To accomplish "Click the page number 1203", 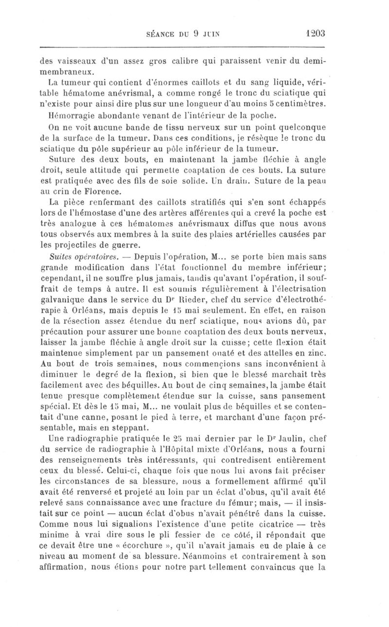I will click(x=316, y=33).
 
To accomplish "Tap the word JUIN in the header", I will click(x=208, y=34).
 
